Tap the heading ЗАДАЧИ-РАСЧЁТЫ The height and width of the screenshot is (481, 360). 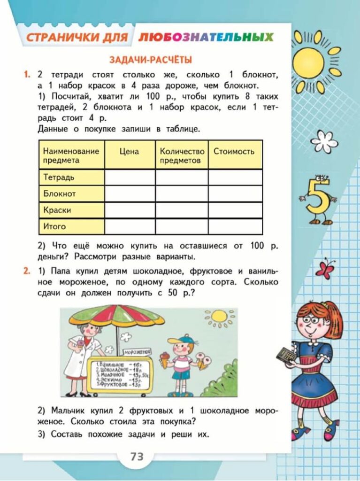click(150, 60)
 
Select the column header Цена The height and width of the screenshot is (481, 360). click(129, 151)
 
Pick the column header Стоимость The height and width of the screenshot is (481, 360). click(234, 151)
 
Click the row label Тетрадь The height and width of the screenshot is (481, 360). click(59, 178)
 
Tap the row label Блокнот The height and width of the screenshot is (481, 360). click(59, 194)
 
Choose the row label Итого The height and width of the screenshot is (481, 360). click(54, 226)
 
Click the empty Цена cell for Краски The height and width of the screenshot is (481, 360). click(130, 210)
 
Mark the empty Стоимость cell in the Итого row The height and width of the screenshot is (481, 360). click(235, 226)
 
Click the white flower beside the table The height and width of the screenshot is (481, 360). click(324, 140)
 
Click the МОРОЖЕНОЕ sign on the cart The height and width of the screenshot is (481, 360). click(137, 351)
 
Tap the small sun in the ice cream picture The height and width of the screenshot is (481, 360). click(219, 318)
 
